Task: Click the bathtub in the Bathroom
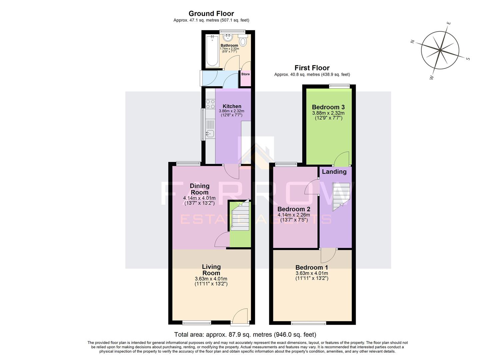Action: click(212, 51)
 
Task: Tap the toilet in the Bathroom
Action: click(243, 41)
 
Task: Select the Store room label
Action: click(245, 74)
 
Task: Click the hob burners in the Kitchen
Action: click(210, 104)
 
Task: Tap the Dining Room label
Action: click(199, 189)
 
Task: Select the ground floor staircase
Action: click(240, 217)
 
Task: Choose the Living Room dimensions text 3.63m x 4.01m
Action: click(211, 279)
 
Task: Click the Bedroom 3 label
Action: click(328, 107)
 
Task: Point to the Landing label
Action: click(334, 172)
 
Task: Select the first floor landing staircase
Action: click(341, 197)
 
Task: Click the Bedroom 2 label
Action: click(294, 209)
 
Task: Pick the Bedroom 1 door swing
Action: click(328, 256)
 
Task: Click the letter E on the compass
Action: click(449, 23)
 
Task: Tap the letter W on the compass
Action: click(431, 78)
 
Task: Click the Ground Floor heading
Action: click(211, 14)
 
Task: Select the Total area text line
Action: click(245, 334)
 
